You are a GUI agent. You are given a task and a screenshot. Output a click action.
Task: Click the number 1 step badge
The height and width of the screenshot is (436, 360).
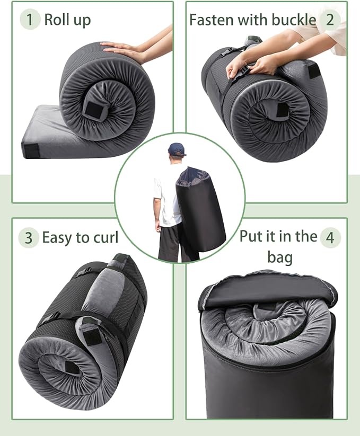(x=30, y=20)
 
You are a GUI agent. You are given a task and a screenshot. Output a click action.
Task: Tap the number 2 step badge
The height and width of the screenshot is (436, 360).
(x=330, y=20)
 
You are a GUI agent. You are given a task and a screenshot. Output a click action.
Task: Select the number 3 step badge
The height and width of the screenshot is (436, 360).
(x=29, y=238)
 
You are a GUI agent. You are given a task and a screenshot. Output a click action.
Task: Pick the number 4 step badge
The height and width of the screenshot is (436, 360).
(x=330, y=238)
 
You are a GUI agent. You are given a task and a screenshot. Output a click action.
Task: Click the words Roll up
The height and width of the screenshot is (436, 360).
(x=67, y=20)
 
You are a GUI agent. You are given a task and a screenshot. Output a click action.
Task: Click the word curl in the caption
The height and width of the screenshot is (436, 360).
(x=104, y=238)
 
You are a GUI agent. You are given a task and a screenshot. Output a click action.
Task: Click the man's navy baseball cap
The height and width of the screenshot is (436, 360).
(x=177, y=148)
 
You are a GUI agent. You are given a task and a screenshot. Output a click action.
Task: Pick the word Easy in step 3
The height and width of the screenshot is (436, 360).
(x=57, y=238)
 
